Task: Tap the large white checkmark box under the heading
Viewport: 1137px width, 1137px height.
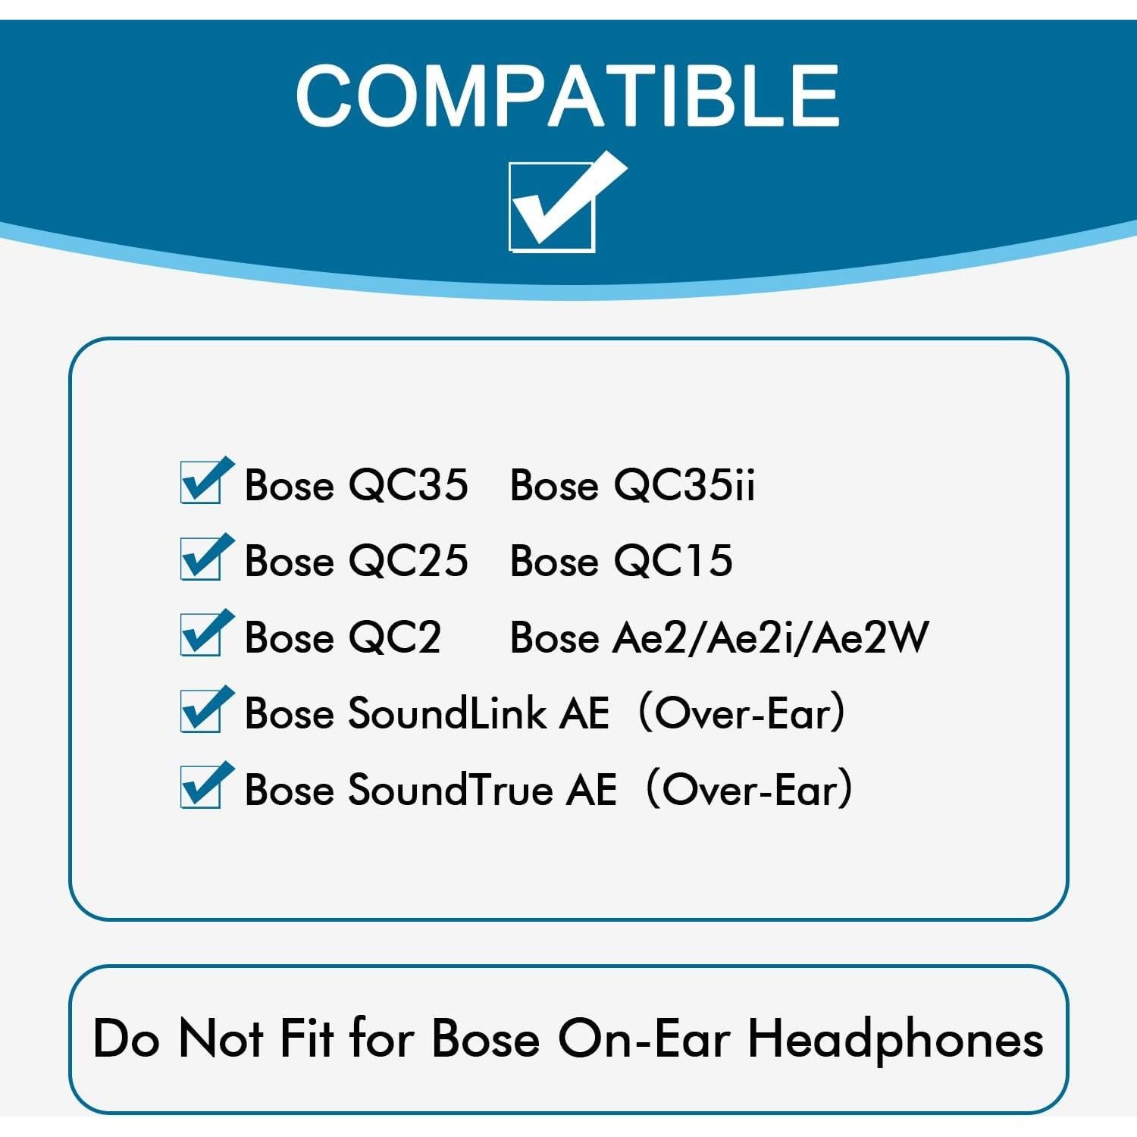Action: pos(553,206)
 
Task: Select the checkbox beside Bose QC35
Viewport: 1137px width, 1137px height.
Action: pos(202,483)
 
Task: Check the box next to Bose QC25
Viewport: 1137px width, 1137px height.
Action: pos(202,559)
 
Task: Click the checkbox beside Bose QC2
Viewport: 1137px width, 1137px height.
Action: pos(202,635)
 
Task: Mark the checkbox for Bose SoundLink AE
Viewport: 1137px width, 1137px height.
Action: pos(202,712)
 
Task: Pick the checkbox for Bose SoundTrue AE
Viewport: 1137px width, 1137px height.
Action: pos(202,788)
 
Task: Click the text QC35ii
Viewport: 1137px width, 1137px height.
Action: pos(684,485)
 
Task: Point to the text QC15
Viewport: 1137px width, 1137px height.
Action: pos(673,561)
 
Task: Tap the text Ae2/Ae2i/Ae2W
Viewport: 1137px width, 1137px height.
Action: pos(770,637)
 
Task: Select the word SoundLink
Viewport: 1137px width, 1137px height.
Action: pos(446,713)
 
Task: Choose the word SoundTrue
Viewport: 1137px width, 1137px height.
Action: pos(450,790)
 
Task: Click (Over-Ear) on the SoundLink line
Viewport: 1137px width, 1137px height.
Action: pos(741,713)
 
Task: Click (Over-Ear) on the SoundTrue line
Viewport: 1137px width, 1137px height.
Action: pos(749,790)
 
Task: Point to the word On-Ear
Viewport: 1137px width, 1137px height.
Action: pos(644,1038)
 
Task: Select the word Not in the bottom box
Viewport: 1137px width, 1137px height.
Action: pos(221,1038)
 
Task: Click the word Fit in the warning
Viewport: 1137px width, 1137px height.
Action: pos(306,1038)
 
